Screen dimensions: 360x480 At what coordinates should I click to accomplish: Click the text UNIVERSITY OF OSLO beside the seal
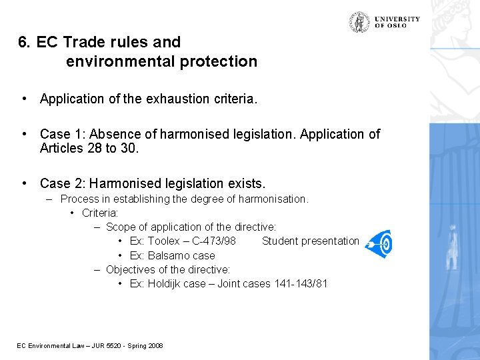397,22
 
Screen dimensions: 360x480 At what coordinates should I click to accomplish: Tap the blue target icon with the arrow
379,244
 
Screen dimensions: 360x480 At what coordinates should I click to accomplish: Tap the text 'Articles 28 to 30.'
89,148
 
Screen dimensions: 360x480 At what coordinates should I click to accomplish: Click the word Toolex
164,241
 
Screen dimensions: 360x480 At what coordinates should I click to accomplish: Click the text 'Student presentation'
311,241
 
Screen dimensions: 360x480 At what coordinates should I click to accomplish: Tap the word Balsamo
169,255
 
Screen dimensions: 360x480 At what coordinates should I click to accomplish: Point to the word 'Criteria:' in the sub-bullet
100,213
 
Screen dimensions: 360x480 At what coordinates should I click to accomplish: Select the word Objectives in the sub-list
131,269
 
